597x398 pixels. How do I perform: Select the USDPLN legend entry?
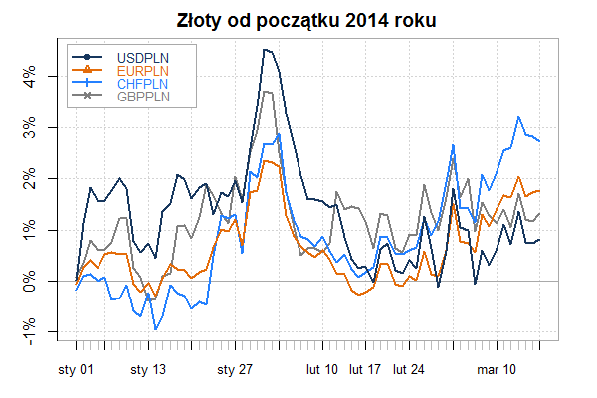pos(141,56)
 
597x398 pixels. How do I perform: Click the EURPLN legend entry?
pos(141,70)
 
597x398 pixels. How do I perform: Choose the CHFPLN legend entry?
pos(141,83)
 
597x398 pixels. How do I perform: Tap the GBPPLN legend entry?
pos(141,96)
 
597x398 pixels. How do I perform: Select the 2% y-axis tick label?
pos(31,179)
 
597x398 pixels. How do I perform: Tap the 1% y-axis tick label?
pos(31,230)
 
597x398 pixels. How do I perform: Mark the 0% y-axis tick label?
pos(31,281)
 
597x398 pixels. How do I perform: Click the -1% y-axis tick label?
pos(31,333)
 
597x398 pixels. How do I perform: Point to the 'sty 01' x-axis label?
pos(77,370)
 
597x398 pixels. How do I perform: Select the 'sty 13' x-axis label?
pos(148,370)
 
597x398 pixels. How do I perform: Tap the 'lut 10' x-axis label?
pos(322,370)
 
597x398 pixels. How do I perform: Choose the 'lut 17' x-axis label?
pos(366,370)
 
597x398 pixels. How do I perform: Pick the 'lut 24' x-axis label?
pos(409,370)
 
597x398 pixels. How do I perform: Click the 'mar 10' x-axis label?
pos(497,370)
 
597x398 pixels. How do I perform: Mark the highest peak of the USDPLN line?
pos(264,49)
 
